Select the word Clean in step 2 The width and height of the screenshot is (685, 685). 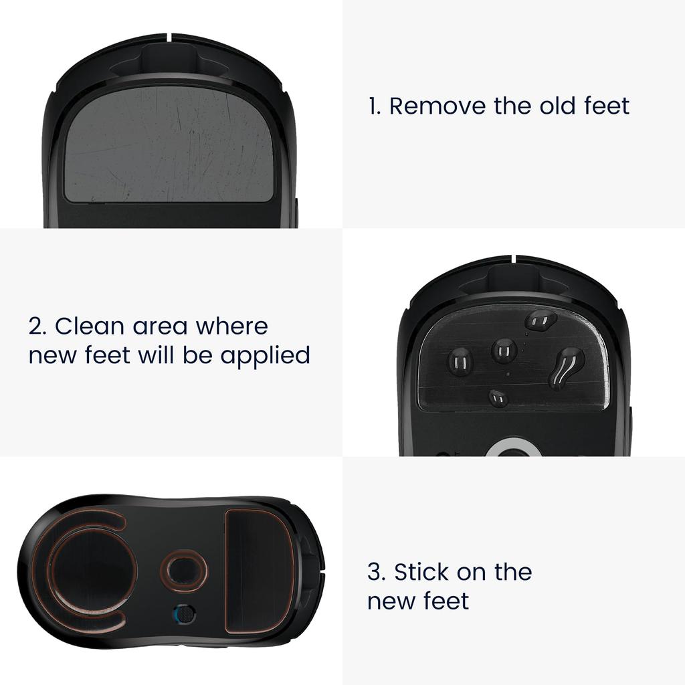[x=89, y=326]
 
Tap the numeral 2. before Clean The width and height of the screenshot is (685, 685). [x=38, y=326]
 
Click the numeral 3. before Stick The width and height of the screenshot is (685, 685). [x=377, y=573]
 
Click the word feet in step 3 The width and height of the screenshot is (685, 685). [x=446, y=601]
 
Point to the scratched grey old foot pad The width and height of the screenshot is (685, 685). [x=169, y=144]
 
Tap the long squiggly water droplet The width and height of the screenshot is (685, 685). [x=565, y=367]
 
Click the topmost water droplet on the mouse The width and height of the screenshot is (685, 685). [x=541, y=320]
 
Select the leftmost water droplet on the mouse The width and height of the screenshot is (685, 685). [x=460, y=362]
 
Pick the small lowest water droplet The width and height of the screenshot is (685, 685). [x=498, y=399]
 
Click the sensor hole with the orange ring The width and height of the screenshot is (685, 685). [x=183, y=571]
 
